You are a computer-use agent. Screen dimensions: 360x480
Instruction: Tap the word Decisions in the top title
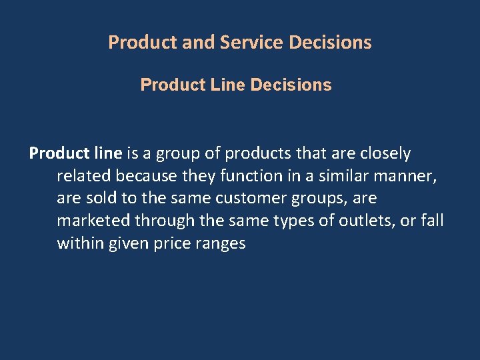click(331, 43)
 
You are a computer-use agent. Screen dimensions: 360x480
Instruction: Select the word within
click(78, 243)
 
